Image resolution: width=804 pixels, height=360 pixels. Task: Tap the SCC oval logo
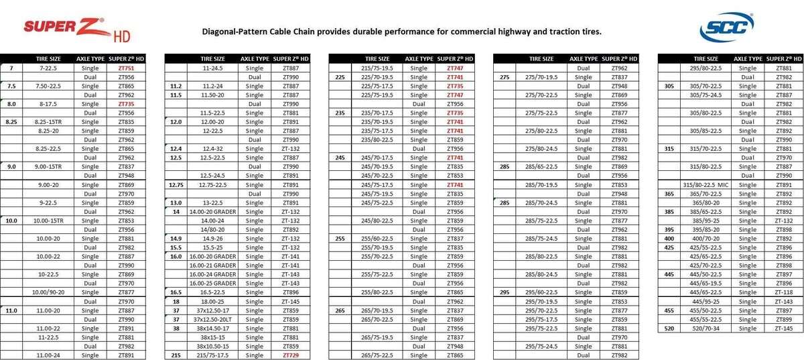pos(726,27)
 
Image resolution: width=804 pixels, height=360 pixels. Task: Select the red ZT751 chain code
pos(126,68)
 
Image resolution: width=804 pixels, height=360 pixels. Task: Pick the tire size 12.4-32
pos(212,148)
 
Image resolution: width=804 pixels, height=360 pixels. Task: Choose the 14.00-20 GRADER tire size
pos(212,211)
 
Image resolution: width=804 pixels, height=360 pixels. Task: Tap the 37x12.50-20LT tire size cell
pos(212,319)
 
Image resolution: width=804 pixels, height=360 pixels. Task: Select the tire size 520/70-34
pos(706,328)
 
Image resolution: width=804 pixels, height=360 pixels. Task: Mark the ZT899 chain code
pos(783,319)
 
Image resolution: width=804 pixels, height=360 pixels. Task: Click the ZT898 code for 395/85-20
pos(783,229)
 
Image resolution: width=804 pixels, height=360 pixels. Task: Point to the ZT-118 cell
pos(783,292)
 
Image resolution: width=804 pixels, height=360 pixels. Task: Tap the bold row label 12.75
pos(176,184)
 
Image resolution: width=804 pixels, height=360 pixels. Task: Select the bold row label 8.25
pos(11,121)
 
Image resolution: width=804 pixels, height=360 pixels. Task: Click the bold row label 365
pos(669,193)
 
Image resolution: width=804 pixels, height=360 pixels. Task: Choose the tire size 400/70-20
pos(706,238)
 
